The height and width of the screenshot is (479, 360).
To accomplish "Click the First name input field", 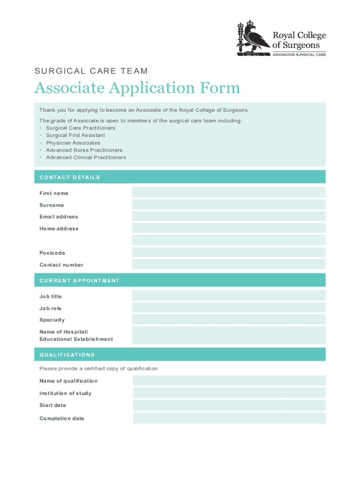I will (229, 192).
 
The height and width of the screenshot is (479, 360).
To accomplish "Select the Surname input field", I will (229, 204).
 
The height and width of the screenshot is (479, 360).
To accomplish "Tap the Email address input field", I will (229, 216).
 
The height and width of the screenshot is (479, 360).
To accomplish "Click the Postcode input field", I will (229, 253).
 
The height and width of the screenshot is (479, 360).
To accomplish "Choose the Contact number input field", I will (229, 264).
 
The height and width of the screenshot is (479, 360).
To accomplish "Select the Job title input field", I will (229, 296).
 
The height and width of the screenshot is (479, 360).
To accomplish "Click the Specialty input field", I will (229, 319).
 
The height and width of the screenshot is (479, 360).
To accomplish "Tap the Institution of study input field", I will (229, 393).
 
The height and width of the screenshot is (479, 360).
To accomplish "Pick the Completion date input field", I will (229, 418).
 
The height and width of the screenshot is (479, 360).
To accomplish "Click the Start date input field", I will (229, 405).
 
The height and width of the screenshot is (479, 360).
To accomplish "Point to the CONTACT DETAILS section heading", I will (70, 177).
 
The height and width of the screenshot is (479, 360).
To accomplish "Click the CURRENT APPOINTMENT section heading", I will (79, 281).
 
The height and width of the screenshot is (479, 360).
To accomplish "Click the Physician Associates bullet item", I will (73, 143).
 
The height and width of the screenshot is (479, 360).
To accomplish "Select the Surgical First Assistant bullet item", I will (75, 135).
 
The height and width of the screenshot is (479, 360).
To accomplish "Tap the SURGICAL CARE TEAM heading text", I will (91, 71).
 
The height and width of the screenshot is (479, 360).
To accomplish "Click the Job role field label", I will (50, 308).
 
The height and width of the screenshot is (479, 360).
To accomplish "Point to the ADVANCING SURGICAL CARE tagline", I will (299, 54).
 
